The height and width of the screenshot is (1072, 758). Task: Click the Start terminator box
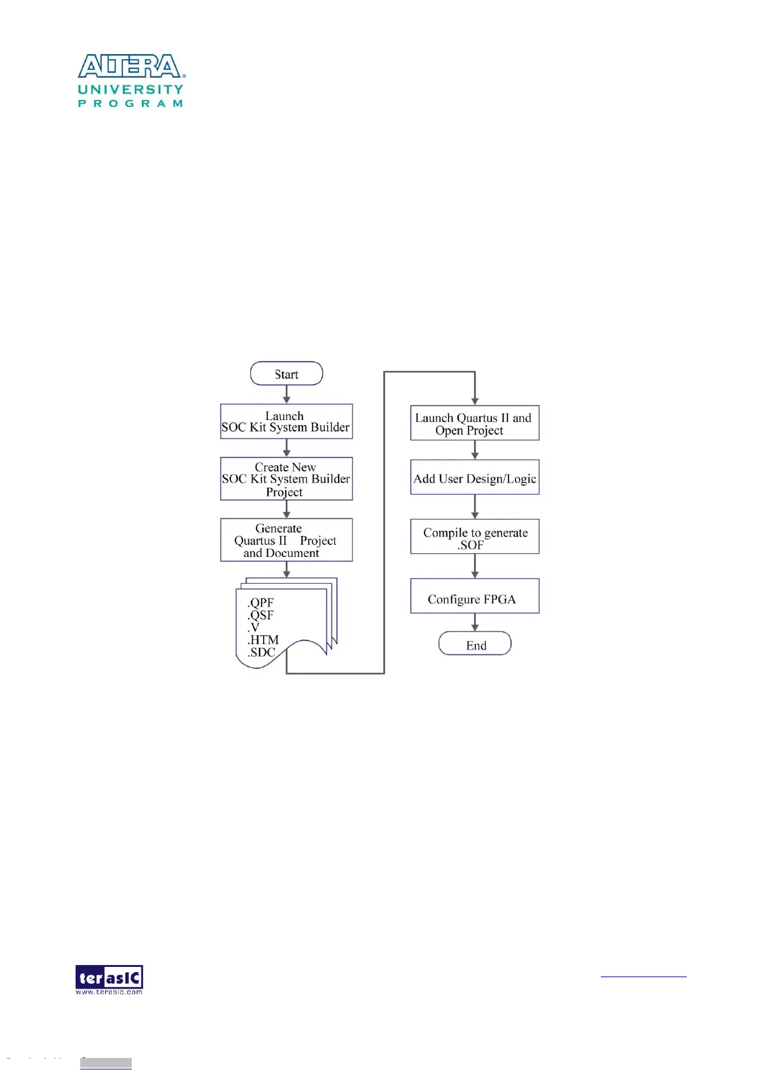coord(286,374)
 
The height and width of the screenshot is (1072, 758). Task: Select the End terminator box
coord(475,644)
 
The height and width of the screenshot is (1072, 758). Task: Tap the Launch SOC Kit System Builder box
coord(286,421)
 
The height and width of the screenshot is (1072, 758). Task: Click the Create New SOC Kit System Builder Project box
coord(286,479)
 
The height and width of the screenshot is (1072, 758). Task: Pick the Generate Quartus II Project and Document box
coord(286,540)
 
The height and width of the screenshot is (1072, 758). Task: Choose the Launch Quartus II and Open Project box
coord(475,423)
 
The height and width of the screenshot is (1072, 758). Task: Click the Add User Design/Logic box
coord(475,477)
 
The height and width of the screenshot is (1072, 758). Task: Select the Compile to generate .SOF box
coord(475,537)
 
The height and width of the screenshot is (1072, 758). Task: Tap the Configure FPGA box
coord(475,596)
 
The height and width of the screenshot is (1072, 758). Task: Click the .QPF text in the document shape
coord(261,602)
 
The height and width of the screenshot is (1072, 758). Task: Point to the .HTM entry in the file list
coord(263,640)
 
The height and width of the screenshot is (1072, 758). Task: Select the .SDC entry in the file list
coord(262,652)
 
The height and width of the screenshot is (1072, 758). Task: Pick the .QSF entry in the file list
coord(261,615)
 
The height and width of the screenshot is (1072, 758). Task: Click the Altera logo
coord(130,66)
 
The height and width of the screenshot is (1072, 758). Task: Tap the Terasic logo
coord(109,979)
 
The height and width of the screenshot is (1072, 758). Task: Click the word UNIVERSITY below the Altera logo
coord(130,90)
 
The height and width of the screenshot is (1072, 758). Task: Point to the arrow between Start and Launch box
coord(286,395)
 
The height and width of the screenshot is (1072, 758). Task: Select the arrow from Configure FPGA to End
coord(475,623)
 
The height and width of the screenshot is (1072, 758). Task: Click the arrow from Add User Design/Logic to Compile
coord(475,507)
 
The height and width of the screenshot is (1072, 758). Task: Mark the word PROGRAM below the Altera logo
coord(130,103)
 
